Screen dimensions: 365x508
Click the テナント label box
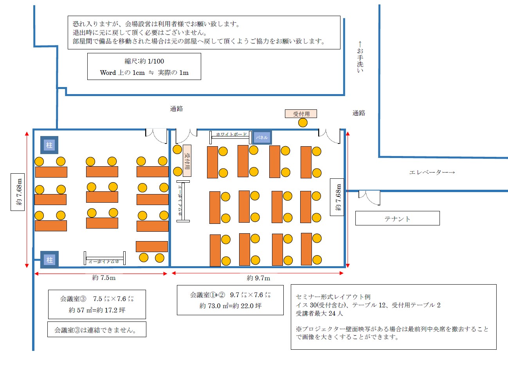(397, 218)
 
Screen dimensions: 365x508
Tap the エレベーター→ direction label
(432, 173)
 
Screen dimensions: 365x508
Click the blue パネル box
(261, 137)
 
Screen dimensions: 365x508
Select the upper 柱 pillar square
(49, 145)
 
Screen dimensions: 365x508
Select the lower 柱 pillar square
(50, 260)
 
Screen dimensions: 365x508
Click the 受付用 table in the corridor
(301, 114)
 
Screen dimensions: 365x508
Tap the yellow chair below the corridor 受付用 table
(303, 123)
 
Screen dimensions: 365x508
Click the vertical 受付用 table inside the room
(187, 161)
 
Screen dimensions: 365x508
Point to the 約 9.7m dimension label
(258, 278)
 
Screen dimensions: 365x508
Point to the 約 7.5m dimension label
(104, 278)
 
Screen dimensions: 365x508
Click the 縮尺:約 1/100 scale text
(144, 61)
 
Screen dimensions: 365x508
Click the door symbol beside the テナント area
(369, 197)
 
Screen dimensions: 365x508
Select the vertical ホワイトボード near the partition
(182, 201)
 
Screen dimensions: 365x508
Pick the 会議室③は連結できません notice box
(97, 330)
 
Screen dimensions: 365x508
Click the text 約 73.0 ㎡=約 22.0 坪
(230, 306)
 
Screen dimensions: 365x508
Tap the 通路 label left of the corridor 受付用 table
(177, 109)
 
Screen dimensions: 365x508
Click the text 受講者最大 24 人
(319, 313)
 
